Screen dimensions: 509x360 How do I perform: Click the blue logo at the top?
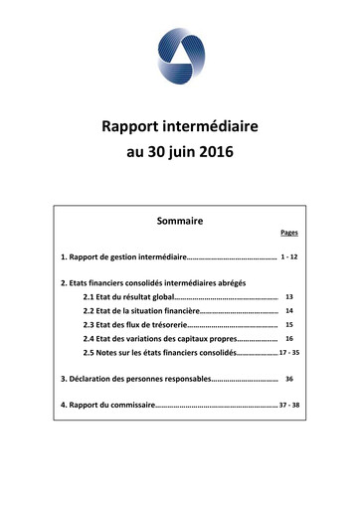point(180,56)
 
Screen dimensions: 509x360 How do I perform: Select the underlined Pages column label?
point(289,233)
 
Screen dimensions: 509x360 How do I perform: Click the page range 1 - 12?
point(289,257)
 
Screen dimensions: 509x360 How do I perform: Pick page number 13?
point(289,297)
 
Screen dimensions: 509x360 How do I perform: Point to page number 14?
point(289,311)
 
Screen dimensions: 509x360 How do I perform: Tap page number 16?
point(289,339)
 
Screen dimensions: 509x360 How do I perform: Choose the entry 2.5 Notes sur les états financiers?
point(160,353)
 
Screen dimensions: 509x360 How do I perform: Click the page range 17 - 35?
point(289,353)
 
